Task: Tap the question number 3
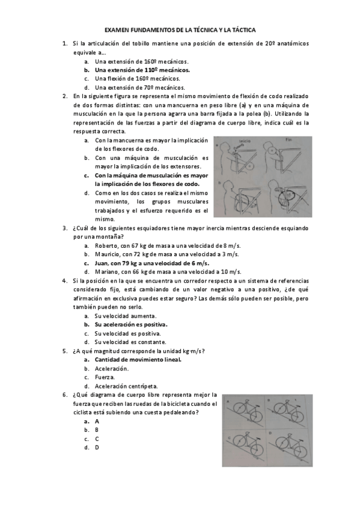pyautogui.click(x=65, y=228)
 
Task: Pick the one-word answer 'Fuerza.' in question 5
pyautogui.click(x=105, y=377)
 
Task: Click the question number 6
pyautogui.click(x=65, y=395)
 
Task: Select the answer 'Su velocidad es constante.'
pyautogui.click(x=126, y=342)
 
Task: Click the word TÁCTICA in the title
pyautogui.click(x=240, y=29)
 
